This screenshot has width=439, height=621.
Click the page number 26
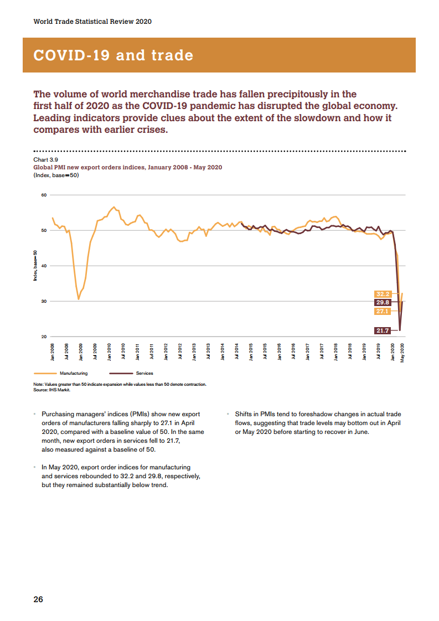(x=38, y=599)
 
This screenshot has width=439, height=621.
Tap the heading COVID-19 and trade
(x=113, y=55)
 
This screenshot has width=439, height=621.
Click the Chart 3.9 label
(x=45, y=159)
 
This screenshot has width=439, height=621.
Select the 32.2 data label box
(x=383, y=294)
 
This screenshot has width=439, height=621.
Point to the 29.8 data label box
(x=383, y=303)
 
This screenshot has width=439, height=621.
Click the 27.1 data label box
(x=383, y=312)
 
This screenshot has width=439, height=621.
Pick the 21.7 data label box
(x=383, y=330)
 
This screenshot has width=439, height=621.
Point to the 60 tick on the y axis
(x=44, y=195)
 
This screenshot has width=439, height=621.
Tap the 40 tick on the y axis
(x=44, y=266)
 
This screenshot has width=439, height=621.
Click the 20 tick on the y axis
(x=44, y=337)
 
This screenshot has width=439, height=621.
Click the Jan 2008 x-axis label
(x=53, y=352)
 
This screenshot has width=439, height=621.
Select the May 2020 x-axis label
(x=402, y=352)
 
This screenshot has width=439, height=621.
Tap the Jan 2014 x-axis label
(x=223, y=352)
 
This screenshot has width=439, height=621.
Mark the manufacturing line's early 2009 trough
(x=79, y=299)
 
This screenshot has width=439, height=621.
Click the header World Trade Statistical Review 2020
(x=92, y=22)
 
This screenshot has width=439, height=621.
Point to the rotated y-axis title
(x=35, y=266)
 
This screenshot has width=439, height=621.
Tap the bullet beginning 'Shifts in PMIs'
(x=318, y=423)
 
